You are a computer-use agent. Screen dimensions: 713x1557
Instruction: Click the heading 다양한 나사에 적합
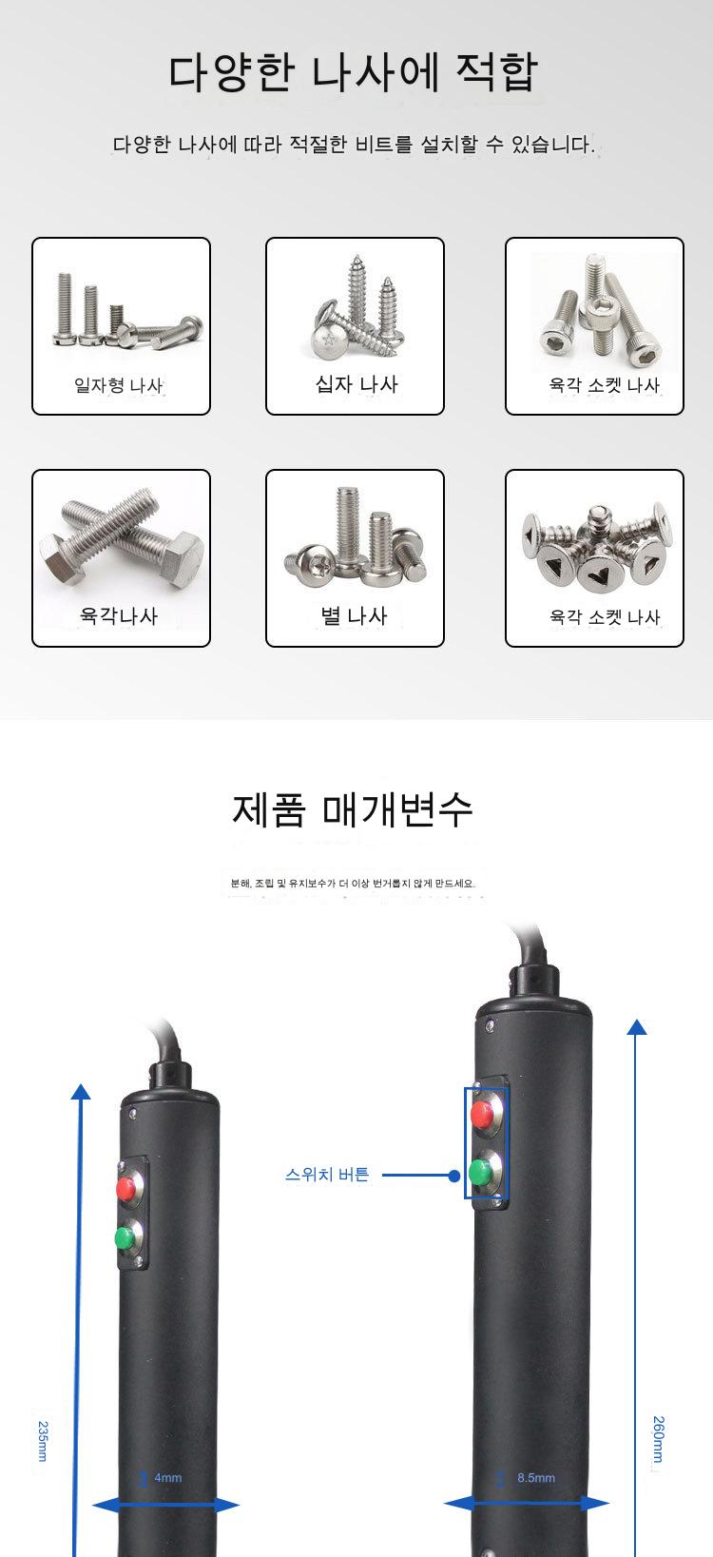353,72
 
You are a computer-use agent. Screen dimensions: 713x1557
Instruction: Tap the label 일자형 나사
118,384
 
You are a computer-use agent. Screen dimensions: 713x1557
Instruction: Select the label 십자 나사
356,383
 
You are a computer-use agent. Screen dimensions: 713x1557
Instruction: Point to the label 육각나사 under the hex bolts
119,615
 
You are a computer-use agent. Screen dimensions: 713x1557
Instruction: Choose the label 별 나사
354,615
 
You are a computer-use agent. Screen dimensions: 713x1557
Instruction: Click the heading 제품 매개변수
353,809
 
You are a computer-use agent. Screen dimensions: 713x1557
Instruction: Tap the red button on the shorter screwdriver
125,1188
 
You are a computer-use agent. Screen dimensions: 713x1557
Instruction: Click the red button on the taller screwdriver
482,1114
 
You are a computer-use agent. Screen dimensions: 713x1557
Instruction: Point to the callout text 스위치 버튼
327,1175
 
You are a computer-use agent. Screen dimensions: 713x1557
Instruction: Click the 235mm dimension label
43,1441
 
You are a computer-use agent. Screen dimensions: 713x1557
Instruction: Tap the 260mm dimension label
658,1439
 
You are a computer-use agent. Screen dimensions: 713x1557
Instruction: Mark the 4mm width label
167,1478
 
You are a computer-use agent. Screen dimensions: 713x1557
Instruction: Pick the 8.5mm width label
536,1478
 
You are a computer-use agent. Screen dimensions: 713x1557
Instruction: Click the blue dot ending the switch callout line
453,1177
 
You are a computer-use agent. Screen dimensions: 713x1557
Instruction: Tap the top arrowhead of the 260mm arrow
637,1026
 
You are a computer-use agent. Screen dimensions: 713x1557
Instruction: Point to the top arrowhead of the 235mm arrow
81,1091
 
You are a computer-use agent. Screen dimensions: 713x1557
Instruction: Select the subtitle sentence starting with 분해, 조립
353,884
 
